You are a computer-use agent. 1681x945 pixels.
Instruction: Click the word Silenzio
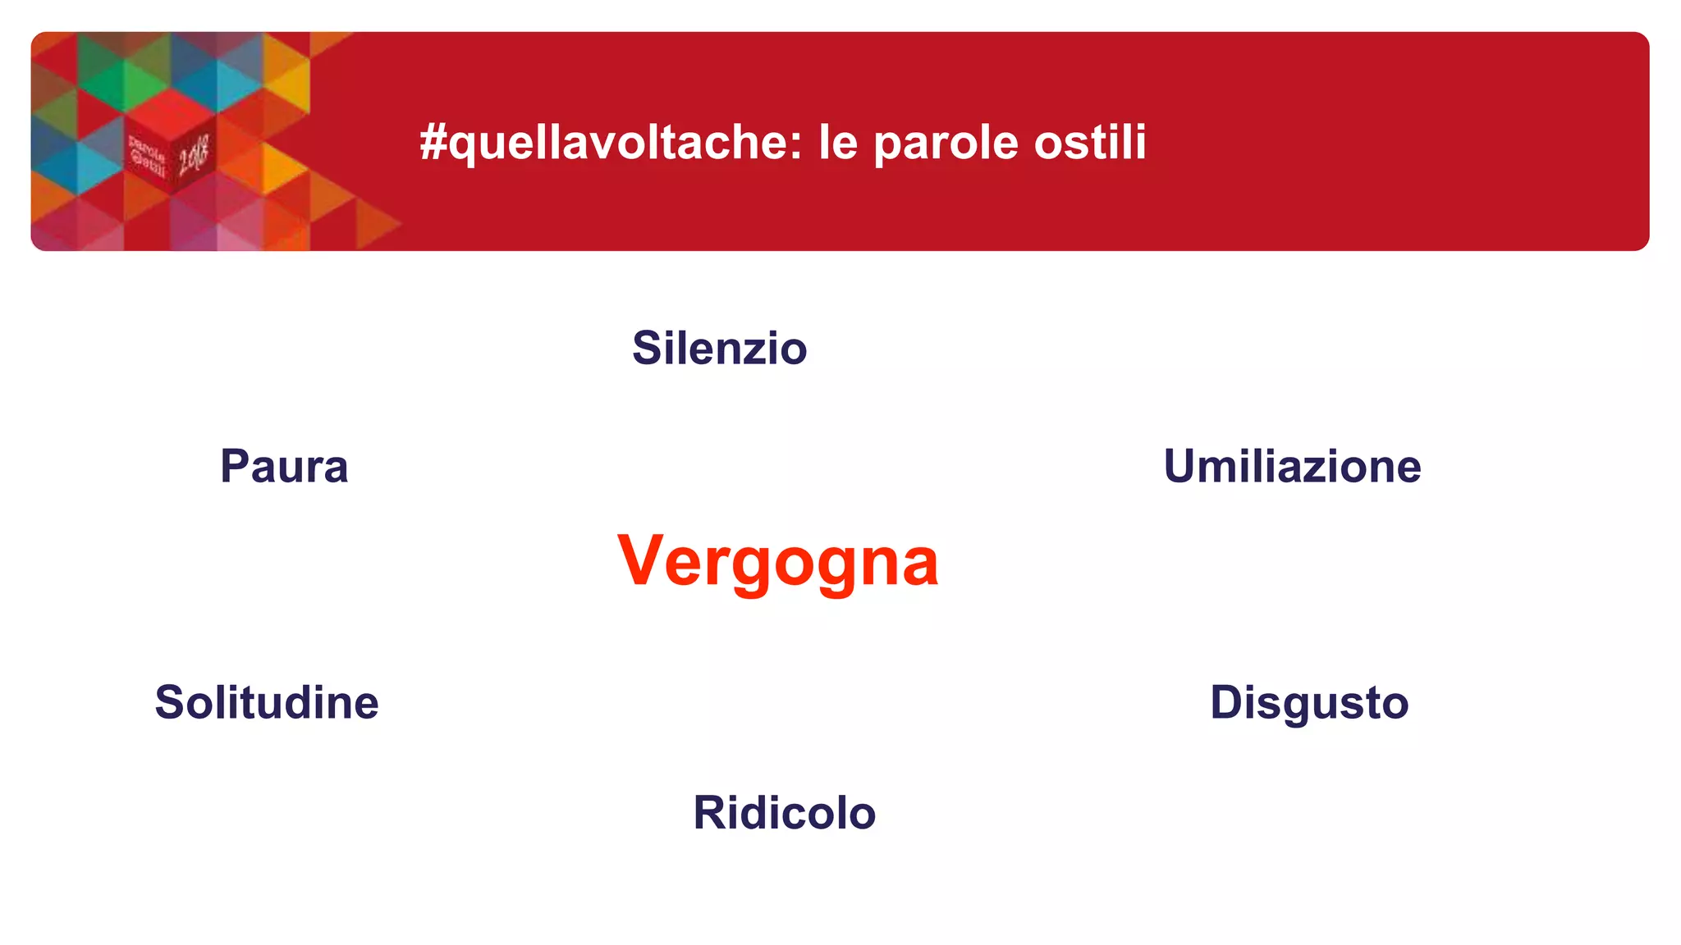pos(719,348)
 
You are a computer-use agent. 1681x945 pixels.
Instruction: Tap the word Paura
pos(284,466)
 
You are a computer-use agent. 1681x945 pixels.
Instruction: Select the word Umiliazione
pos(1292,466)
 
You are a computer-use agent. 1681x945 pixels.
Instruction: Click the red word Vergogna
pos(777,561)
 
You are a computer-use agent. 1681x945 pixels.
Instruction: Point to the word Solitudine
pos(267,702)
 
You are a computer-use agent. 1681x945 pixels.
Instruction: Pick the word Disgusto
pos(1309,702)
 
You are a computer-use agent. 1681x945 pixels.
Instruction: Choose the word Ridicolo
pos(785,812)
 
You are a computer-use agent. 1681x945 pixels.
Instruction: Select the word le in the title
pos(837,142)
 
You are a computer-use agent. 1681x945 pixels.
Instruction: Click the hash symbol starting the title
pos(433,142)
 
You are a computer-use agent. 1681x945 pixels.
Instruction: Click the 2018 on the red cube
pos(194,154)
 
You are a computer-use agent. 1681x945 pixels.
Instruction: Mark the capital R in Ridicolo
pos(711,812)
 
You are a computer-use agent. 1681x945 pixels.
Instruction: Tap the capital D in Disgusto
pos(1228,702)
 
